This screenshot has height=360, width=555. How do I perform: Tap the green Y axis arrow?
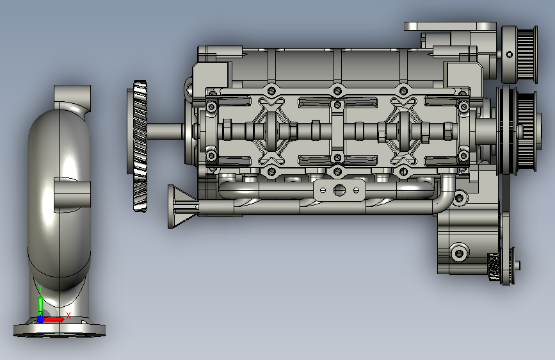pyautogui.click(x=41, y=302)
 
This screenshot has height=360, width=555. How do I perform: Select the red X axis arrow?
pyautogui.click(x=54, y=319)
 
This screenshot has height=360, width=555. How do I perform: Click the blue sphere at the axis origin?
pyautogui.click(x=41, y=319)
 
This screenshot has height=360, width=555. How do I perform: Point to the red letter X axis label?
pyautogui.click(x=68, y=315)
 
